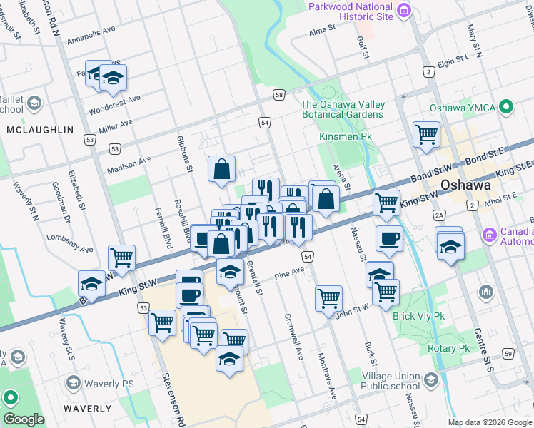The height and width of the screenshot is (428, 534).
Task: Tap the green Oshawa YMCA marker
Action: click(507, 108)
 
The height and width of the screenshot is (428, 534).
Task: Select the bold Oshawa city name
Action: click(468, 185)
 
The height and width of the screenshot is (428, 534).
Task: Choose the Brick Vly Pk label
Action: click(418, 315)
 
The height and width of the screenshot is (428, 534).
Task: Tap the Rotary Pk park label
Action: click(445, 348)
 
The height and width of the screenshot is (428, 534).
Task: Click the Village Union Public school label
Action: click(391, 382)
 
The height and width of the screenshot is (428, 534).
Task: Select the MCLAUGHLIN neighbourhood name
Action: click(40, 130)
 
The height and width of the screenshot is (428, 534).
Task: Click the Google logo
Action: click(24, 419)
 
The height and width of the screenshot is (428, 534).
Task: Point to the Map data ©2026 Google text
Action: click(490, 422)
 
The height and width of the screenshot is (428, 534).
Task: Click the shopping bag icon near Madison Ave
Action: click(222, 169)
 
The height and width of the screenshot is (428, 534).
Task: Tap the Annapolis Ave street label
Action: click(91, 37)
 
